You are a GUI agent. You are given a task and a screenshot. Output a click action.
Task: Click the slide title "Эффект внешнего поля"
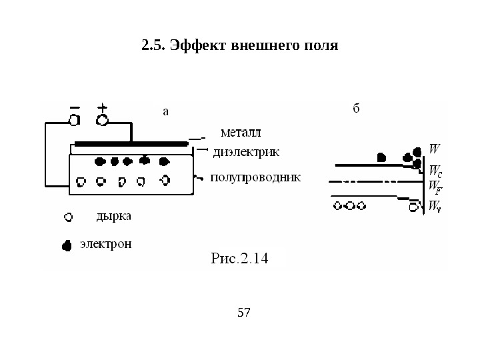coord(240,47)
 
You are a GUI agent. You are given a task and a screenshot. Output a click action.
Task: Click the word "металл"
coord(241,129)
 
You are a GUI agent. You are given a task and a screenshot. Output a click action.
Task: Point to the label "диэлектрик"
coord(247,152)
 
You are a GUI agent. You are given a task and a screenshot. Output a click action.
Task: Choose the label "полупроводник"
coord(255,178)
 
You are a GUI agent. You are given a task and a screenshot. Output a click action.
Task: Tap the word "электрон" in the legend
coord(106,244)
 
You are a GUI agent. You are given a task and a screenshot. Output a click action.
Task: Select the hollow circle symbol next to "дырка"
coord(67,217)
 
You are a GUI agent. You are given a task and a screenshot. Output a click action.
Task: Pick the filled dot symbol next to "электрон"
coord(67,245)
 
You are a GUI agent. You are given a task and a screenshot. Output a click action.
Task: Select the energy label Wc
coord(435,171)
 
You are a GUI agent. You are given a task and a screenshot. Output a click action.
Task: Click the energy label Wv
coord(435,205)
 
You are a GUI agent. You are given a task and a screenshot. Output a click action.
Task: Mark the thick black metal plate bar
coord(131,143)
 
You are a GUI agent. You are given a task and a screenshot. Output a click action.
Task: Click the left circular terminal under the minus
coord(74,120)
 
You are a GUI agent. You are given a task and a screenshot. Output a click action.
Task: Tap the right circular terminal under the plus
coord(103,120)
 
